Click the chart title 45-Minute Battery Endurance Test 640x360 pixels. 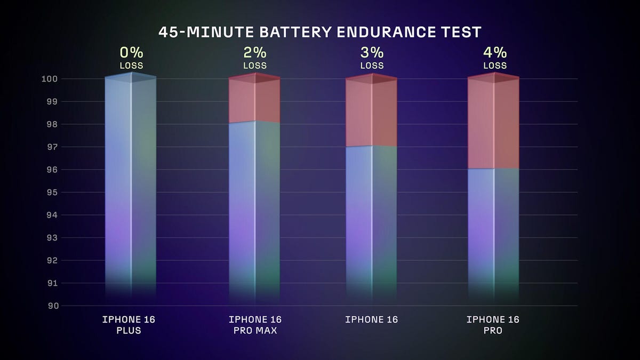pos(319,32)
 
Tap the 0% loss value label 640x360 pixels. pos(131,53)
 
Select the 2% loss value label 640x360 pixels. pos(254,53)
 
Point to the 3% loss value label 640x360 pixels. pos(372,53)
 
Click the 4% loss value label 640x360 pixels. pos(494,53)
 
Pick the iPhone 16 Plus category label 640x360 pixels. pos(129,325)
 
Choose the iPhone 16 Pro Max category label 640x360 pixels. pos(255,325)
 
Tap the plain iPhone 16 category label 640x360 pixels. pos(371,320)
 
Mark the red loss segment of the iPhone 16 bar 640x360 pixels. pos(372,114)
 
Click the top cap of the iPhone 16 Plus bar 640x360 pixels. pos(131,77)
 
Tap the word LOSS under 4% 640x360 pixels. pos(494,66)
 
